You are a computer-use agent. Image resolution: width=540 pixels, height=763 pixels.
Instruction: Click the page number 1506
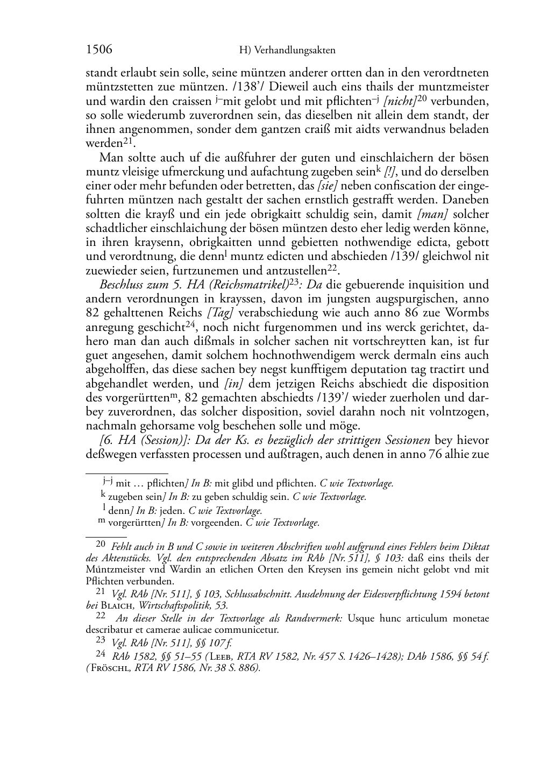pyautogui.click(x=99, y=50)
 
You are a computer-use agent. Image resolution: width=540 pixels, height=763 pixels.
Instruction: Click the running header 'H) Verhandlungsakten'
pyautogui.click(x=287, y=51)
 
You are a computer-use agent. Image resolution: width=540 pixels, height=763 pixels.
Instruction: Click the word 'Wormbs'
pyautogui.click(x=468, y=313)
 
